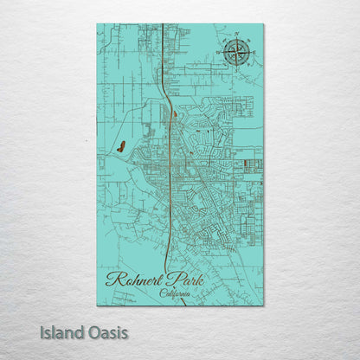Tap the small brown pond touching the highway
tap(174, 113)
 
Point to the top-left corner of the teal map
tap(98, 24)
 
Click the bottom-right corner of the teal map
tap(263, 305)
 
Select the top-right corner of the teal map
tap(263, 24)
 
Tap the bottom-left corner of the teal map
tap(98, 305)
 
